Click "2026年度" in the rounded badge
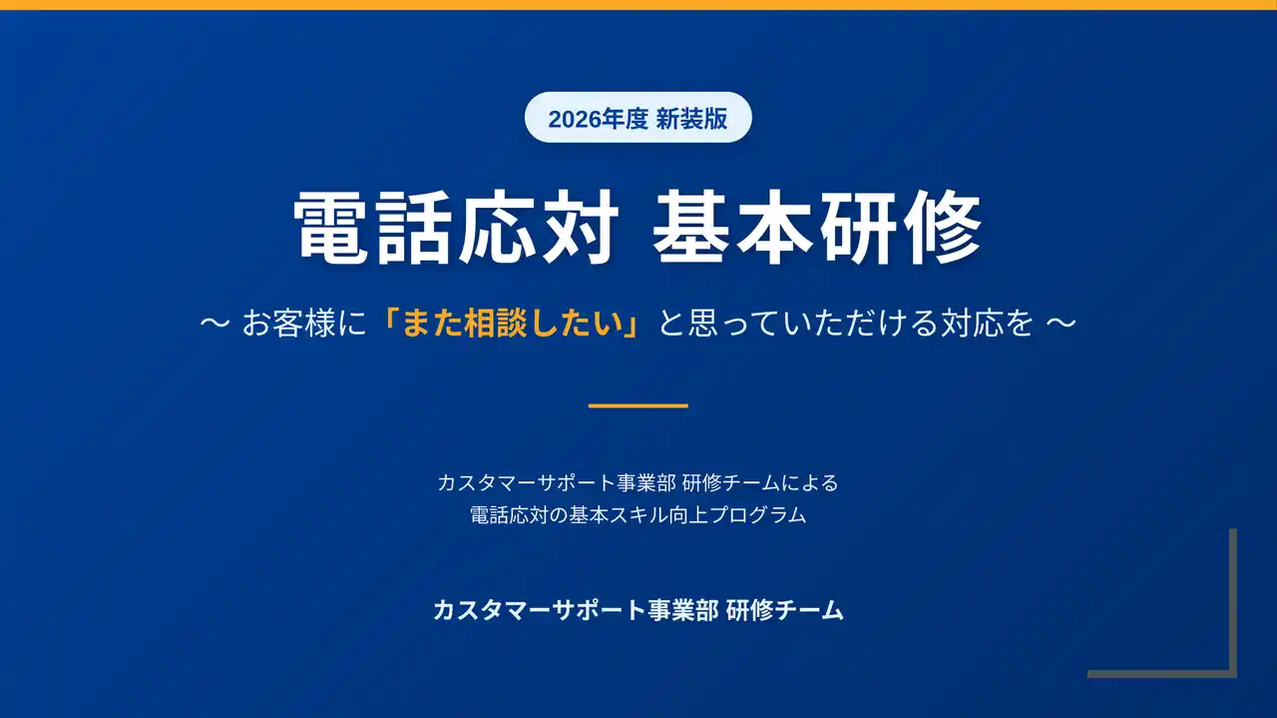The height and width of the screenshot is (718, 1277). click(x=598, y=119)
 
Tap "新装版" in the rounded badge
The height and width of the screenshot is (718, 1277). click(x=691, y=119)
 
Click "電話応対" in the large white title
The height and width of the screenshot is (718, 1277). click(x=456, y=227)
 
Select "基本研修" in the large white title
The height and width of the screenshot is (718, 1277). click(x=817, y=227)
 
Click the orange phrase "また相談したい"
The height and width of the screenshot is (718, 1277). click(x=513, y=323)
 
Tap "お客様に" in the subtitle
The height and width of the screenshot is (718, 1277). click(x=304, y=323)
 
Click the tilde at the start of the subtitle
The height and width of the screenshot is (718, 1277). click(x=214, y=323)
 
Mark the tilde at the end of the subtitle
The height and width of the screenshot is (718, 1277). click(x=1062, y=323)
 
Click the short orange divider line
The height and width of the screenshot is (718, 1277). click(x=638, y=405)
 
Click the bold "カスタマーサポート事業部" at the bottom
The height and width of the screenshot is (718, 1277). click(x=576, y=610)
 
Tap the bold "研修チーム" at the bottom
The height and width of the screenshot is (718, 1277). click(x=785, y=610)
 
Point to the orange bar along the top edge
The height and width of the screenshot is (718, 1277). click(x=638, y=5)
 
